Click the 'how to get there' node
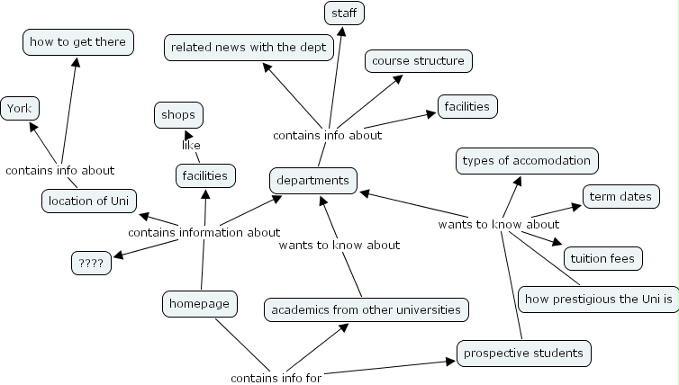tap(78, 41)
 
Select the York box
tap(19, 109)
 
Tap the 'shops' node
tap(178, 115)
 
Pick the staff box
tap(344, 13)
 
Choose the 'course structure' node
tap(418, 61)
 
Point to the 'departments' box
tap(312, 181)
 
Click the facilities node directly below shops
tap(204, 175)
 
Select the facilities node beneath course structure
tap(466, 106)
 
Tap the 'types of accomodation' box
tap(527, 161)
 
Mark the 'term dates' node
tap(621, 196)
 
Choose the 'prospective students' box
tap(523, 354)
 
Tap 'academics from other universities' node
tap(366, 310)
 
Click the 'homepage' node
tap(199, 304)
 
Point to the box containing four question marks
tap(91, 264)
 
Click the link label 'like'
tap(190, 145)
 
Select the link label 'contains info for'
tap(276, 378)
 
